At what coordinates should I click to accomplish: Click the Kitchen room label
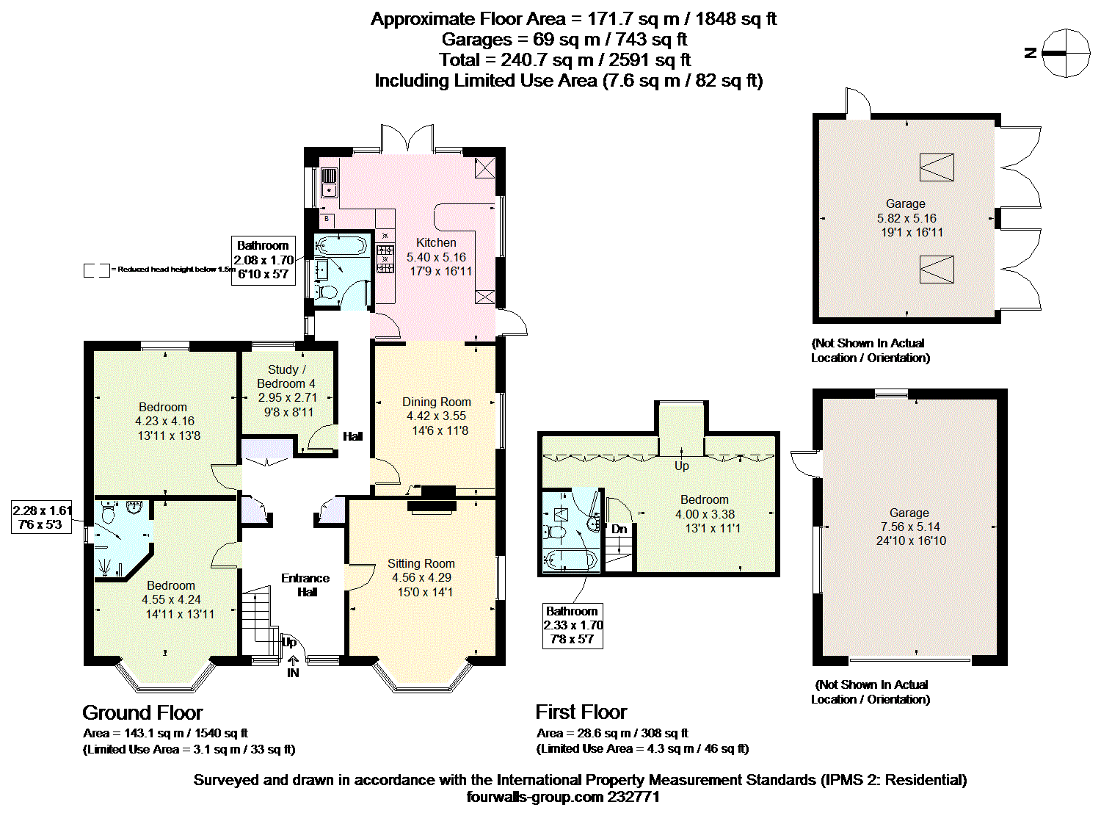tap(436, 243)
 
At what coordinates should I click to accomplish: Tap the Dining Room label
tap(436, 402)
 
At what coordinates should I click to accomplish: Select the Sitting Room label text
tap(421, 564)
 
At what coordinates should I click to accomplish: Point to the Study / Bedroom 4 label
tap(286, 377)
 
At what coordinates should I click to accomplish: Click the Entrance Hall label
tap(305, 585)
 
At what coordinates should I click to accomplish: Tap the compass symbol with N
tap(1066, 53)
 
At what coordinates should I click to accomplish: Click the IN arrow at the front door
tap(293, 661)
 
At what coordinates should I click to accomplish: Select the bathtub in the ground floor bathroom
tap(341, 245)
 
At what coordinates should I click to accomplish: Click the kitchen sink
tap(329, 182)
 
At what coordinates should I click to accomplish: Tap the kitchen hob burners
tap(385, 259)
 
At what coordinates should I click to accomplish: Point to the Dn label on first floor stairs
tap(619, 530)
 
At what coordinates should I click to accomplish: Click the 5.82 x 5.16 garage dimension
tap(906, 218)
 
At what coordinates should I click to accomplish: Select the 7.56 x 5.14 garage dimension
tap(910, 527)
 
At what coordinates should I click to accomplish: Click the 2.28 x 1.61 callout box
tap(42, 517)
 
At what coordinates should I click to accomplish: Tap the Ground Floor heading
tap(142, 712)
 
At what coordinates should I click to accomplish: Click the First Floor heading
tap(581, 712)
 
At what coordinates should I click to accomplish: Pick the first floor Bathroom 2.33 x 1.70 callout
tap(573, 625)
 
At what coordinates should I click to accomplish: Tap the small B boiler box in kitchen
tap(327, 218)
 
